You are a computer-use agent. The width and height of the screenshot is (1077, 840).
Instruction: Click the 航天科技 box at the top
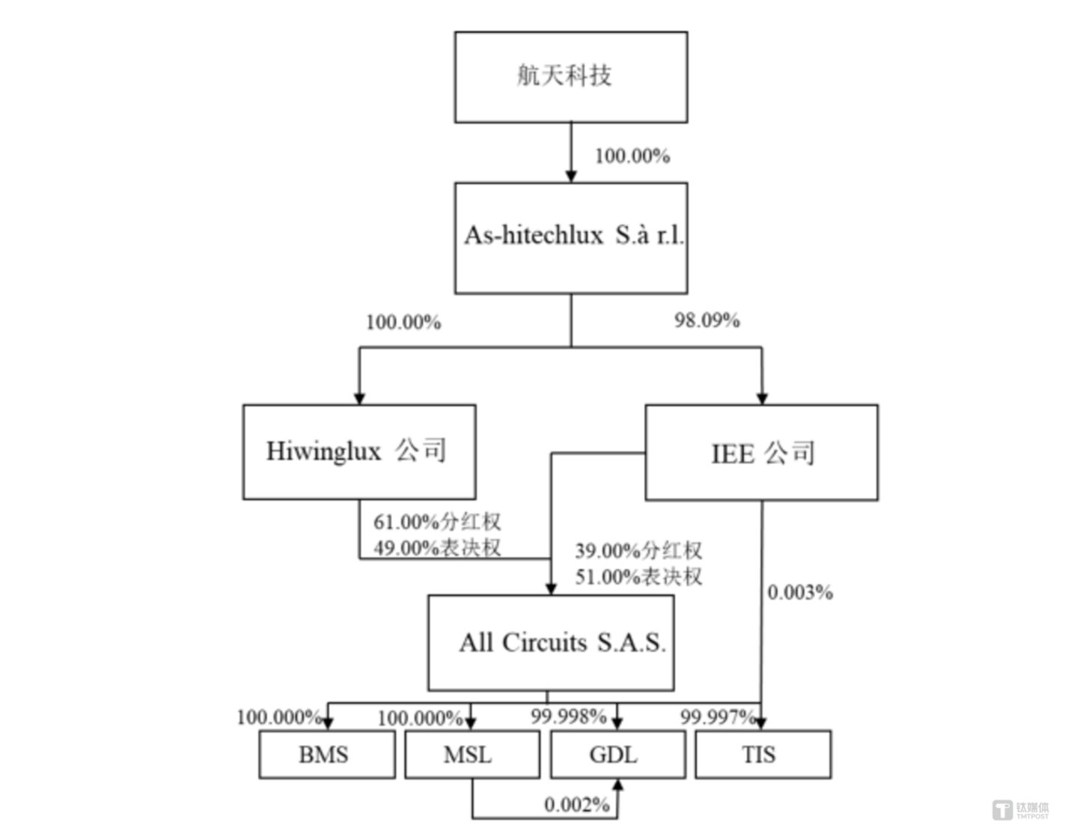[570, 76]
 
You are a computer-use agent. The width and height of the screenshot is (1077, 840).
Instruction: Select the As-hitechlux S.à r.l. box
[570, 237]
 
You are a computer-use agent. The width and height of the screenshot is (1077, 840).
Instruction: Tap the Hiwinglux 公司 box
[359, 451]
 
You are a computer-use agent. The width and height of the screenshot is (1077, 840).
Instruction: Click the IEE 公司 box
[761, 452]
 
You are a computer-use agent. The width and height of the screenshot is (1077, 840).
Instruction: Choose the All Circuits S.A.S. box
[550, 642]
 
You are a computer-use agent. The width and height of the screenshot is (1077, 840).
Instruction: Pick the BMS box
[326, 754]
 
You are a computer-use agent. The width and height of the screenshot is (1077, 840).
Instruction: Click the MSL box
[472, 754]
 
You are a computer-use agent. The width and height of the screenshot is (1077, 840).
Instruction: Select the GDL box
[617, 754]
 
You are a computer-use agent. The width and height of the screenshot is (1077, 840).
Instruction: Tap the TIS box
[762, 754]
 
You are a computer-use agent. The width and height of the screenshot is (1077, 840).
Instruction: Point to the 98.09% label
[707, 320]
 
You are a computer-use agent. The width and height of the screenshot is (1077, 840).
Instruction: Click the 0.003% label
[799, 592]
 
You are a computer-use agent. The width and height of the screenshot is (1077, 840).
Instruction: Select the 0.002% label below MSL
[576, 805]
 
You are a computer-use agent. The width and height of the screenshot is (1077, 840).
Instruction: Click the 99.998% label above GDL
[568, 716]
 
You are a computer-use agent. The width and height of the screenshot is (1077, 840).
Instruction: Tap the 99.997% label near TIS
[716, 716]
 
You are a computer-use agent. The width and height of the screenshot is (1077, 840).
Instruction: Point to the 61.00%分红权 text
[437, 522]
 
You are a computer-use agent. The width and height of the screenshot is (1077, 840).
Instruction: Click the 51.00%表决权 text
[638, 576]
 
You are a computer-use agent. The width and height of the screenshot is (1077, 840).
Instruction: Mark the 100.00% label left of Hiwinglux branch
[403, 323]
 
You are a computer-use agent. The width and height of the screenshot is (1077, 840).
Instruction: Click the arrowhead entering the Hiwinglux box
[359, 398]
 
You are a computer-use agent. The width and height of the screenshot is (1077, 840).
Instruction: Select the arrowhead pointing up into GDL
[617, 785]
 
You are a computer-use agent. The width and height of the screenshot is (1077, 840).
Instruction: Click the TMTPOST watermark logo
[1022, 810]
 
